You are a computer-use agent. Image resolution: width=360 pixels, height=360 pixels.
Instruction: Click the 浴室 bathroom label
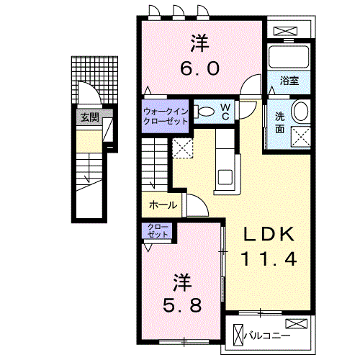click(x=291, y=81)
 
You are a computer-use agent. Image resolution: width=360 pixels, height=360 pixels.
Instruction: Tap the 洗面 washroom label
click(x=279, y=125)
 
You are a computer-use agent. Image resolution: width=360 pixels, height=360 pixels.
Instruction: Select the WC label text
click(x=225, y=111)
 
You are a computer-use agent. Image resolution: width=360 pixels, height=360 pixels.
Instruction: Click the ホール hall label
click(x=163, y=205)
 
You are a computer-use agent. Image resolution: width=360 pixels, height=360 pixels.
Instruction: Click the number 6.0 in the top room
click(x=199, y=71)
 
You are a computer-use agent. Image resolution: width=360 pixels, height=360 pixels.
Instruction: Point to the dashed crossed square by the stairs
click(x=183, y=148)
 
